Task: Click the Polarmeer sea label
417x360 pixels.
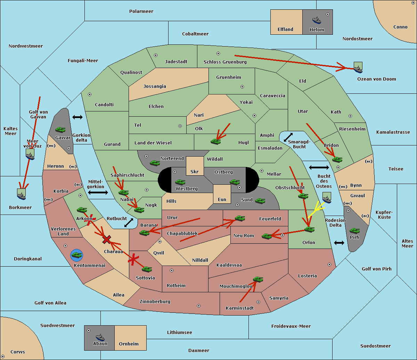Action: (141, 11)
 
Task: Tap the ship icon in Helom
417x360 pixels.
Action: (317, 20)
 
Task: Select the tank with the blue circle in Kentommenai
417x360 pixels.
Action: (76, 255)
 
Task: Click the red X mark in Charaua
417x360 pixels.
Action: (107, 240)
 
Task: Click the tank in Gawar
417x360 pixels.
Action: (60, 129)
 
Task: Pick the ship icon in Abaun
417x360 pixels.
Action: (100, 337)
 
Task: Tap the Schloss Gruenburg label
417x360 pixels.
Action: (225, 62)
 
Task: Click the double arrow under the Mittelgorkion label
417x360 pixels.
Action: (98, 192)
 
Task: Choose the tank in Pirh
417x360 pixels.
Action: (355, 231)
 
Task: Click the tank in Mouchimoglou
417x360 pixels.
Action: (258, 279)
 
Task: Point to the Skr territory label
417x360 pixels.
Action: (195, 172)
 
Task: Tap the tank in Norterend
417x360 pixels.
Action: (155, 162)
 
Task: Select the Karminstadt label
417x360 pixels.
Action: (240, 308)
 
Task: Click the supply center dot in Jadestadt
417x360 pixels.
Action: (156, 55)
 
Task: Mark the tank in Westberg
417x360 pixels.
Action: (180, 182)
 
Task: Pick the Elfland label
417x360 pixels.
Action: (285, 30)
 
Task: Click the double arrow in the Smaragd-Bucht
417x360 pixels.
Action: (288, 137)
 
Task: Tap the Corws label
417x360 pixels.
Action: (18, 352)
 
